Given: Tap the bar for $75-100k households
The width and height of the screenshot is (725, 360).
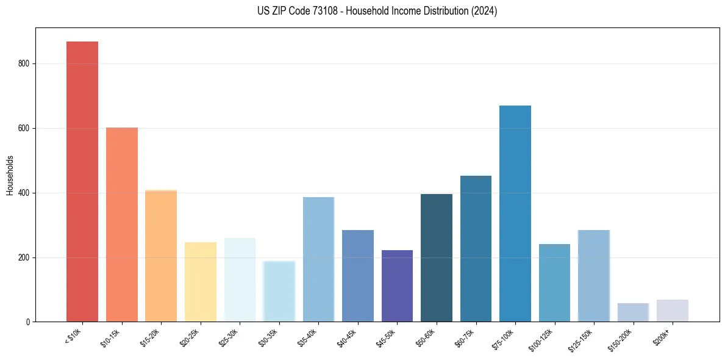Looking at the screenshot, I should pyautogui.click(x=515, y=214).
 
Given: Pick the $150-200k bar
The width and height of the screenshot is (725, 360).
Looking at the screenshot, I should pyautogui.click(x=633, y=312).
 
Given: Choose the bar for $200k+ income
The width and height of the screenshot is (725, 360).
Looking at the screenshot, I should pyautogui.click(x=673, y=311).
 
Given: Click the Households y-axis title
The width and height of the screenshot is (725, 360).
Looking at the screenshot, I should pyautogui.click(x=10, y=175).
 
